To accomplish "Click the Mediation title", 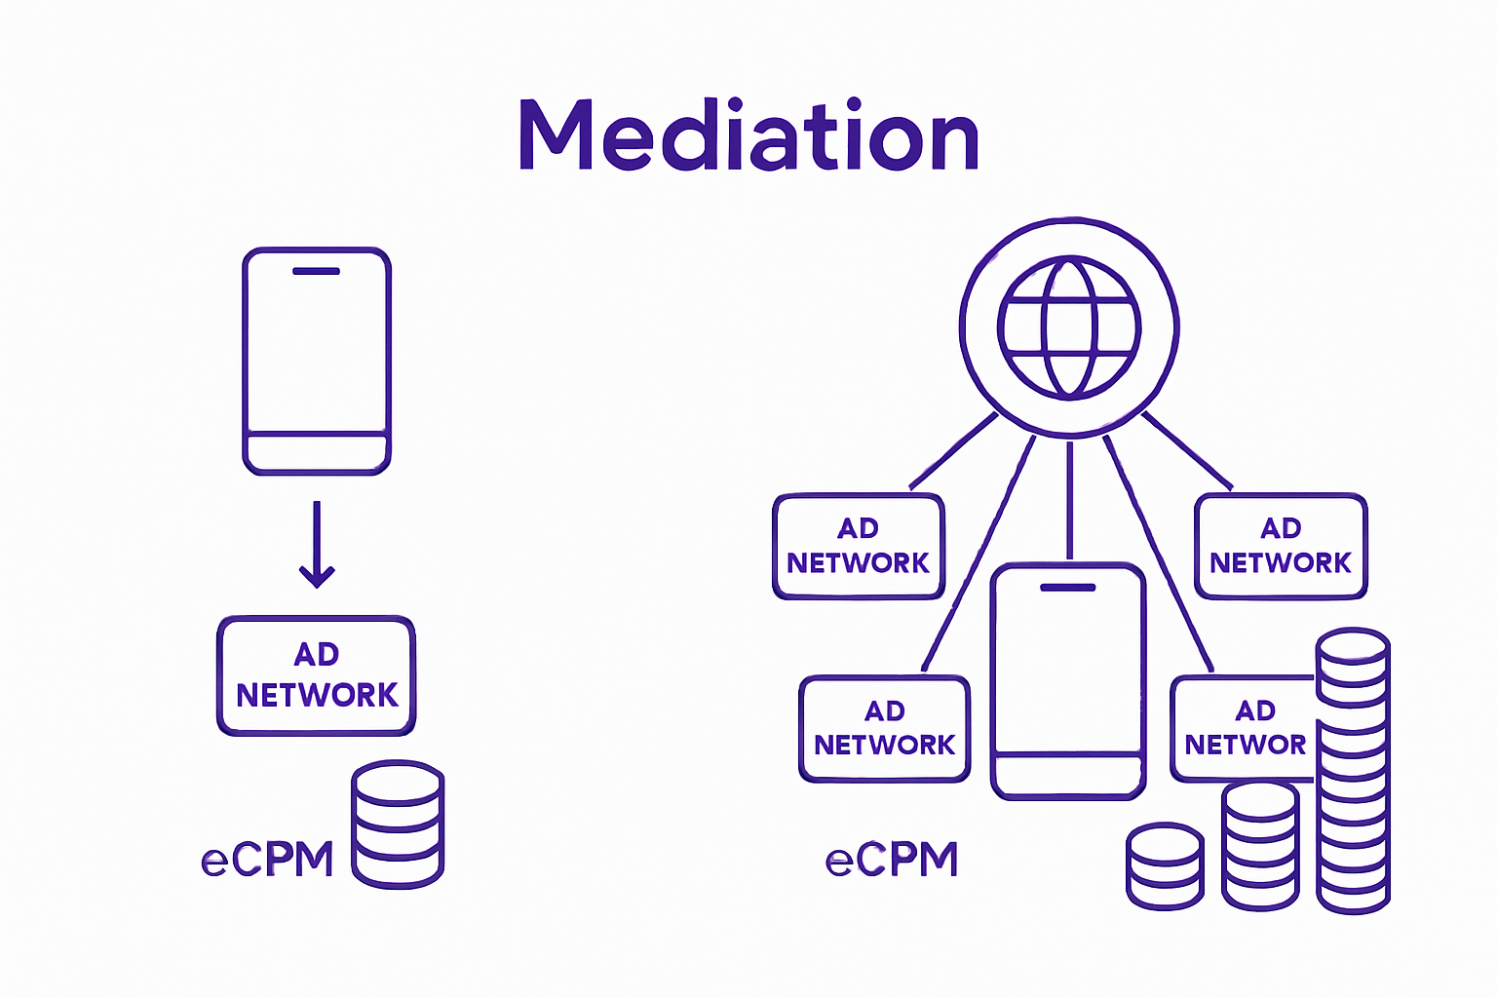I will click(x=748, y=136).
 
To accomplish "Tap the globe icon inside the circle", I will click(x=1069, y=327).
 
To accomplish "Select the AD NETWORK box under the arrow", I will click(x=317, y=675).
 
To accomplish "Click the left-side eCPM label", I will click(x=267, y=860).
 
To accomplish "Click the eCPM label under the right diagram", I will click(x=892, y=860).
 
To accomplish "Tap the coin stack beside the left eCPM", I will click(x=398, y=825).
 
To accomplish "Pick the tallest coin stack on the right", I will click(x=1353, y=770).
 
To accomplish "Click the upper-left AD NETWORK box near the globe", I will click(x=859, y=546).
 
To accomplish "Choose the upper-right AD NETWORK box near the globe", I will click(x=1281, y=546).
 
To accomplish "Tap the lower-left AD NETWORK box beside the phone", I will click(x=884, y=728).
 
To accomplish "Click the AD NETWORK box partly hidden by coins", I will click(x=1244, y=728).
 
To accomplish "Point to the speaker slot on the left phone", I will click(x=316, y=271).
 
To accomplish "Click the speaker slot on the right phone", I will click(x=1068, y=588).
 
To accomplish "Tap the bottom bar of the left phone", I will click(x=317, y=452).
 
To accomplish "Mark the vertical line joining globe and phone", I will click(x=1069, y=499).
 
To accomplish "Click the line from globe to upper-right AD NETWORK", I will click(x=1187, y=450).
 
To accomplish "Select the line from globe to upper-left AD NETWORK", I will click(x=953, y=450).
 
